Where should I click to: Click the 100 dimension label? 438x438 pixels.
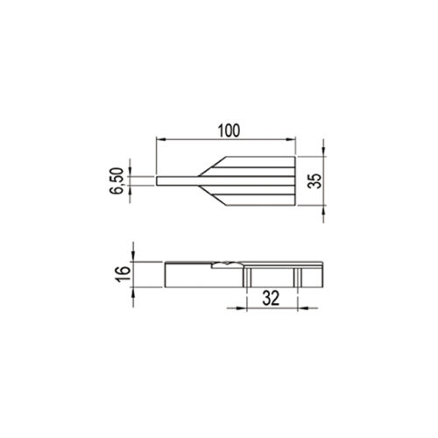[229, 131]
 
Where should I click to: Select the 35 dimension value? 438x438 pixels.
[315, 180]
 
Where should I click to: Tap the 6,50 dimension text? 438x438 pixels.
[117, 180]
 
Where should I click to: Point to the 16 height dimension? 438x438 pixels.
[123, 274]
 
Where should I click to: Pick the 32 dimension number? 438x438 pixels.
[271, 298]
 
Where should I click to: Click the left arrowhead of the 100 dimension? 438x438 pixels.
[161, 139]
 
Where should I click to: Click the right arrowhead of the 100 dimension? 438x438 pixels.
[291, 139]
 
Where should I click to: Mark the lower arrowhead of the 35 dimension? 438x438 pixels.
[323, 210]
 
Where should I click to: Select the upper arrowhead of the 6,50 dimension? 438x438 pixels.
[130, 172]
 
